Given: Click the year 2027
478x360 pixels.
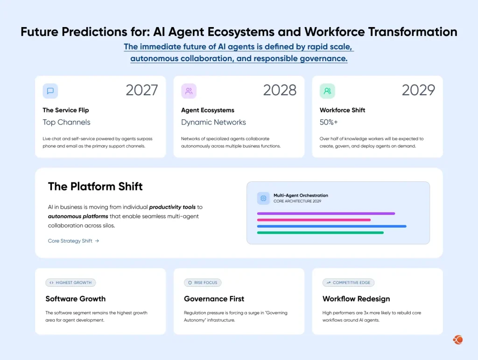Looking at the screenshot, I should [x=142, y=90].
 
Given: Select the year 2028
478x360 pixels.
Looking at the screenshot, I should [x=280, y=90].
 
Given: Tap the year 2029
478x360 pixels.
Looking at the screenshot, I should [x=418, y=90].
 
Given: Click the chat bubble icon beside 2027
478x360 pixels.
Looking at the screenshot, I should [x=50, y=91].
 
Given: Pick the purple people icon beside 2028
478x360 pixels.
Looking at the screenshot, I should [x=189, y=91].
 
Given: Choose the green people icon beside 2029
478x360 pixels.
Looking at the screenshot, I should [x=327, y=91].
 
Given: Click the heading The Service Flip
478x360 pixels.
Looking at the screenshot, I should [x=65, y=110].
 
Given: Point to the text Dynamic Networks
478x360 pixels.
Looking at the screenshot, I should [x=213, y=122].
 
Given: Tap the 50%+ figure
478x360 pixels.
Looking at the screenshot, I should [x=330, y=122].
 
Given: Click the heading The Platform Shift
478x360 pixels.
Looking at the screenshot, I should [x=95, y=187].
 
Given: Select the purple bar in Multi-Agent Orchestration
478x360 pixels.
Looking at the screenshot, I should [x=326, y=214].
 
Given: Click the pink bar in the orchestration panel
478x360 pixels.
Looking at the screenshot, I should [x=314, y=220].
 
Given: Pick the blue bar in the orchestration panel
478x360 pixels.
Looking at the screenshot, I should [x=331, y=226].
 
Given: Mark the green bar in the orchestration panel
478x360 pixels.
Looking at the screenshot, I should [x=320, y=232].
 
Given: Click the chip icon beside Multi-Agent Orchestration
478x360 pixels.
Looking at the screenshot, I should [x=263, y=198].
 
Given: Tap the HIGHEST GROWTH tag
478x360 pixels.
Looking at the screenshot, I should [x=70, y=283].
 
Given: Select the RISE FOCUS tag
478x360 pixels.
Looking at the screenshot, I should [x=203, y=283].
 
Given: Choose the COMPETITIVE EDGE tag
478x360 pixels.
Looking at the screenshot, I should [x=348, y=283].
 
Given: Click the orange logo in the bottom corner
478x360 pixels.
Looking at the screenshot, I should [x=457, y=340].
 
